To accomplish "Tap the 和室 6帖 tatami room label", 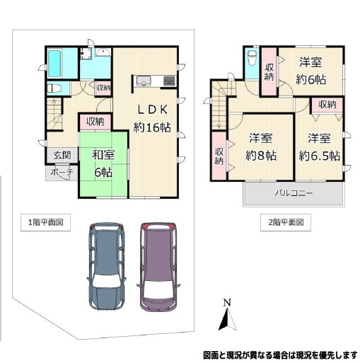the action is click(x=103, y=164).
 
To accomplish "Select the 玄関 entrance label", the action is click(x=62, y=156).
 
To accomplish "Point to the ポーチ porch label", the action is click(x=62, y=172).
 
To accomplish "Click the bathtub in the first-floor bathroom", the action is click(x=54, y=64).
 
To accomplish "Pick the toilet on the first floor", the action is click(x=54, y=88).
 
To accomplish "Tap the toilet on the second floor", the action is click(x=252, y=58).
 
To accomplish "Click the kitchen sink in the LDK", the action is click(x=144, y=81).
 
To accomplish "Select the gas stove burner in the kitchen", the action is click(x=169, y=81).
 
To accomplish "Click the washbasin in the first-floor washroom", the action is click(x=103, y=52).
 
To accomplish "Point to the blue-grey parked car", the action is click(x=106, y=266).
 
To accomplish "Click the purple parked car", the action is click(x=159, y=267).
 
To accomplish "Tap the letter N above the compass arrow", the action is click(x=227, y=302).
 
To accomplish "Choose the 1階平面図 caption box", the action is click(x=45, y=222).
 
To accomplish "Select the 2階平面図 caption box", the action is click(x=286, y=222).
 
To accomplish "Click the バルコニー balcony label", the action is click(x=294, y=193).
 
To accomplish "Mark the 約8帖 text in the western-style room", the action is click(x=261, y=156).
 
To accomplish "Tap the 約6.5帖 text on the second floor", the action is click(x=319, y=156).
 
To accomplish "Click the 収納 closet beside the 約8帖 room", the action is click(x=219, y=156).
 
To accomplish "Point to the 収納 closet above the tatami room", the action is click(x=95, y=122).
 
